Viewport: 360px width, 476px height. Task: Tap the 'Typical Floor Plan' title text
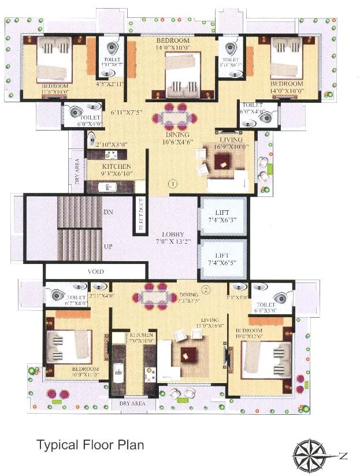(90, 445)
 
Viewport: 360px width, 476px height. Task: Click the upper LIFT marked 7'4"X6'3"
(223, 216)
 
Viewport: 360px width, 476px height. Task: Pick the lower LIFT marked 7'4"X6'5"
(223, 259)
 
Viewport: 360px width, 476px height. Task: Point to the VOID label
(96, 270)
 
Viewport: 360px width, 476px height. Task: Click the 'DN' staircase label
(107, 213)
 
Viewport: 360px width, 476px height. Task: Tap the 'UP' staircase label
(107, 247)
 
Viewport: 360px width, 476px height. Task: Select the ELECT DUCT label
(140, 214)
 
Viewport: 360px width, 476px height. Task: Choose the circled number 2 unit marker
(206, 289)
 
